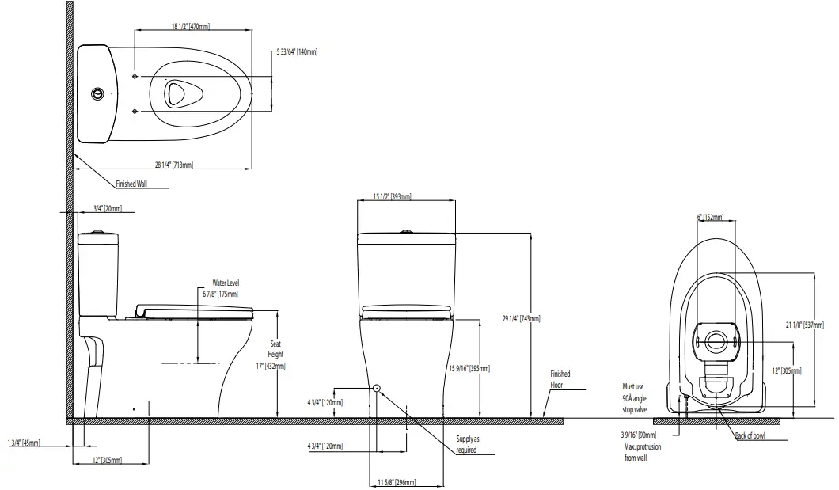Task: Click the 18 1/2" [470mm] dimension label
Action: (x=190, y=26)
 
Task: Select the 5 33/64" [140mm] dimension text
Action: (x=298, y=51)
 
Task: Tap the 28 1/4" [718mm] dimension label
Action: (x=173, y=165)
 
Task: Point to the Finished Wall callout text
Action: (x=131, y=184)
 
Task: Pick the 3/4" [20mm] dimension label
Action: (x=108, y=208)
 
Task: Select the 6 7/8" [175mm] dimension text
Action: (x=225, y=294)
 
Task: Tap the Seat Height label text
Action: (x=275, y=349)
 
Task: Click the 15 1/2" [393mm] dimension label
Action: (x=391, y=196)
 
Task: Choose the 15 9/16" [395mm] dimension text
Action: (x=469, y=368)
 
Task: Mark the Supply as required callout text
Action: (x=467, y=444)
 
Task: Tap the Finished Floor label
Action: (x=560, y=379)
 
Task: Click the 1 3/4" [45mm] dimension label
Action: (x=24, y=443)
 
